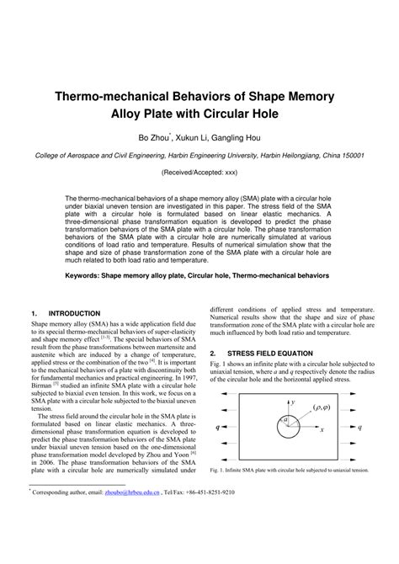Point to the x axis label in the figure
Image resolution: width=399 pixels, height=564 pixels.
(322, 429)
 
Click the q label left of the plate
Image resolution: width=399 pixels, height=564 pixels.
(217, 428)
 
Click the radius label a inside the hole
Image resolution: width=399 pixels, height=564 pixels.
(285, 419)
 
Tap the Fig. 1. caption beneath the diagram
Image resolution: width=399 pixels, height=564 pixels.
(290, 470)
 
